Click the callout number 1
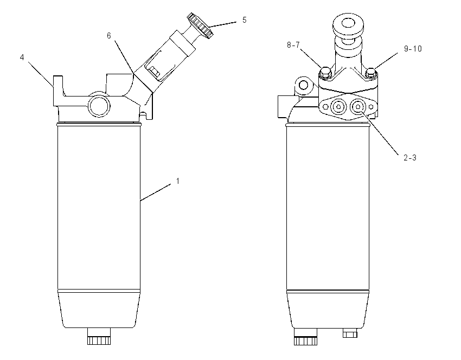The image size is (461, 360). pyautogui.click(x=177, y=181)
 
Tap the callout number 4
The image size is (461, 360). pyautogui.click(x=22, y=57)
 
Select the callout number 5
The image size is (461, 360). pyautogui.click(x=244, y=20)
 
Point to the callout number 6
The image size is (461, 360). pyautogui.click(x=109, y=36)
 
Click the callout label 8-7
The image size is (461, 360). pyautogui.click(x=293, y=44)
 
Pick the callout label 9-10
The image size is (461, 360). pyautogui.click(x=413, y=48)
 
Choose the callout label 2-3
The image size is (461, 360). pyautogui.click(x=410, y=158)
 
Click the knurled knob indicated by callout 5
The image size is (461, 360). pyautogui.click(x=200, y=25)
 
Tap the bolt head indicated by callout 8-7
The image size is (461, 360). pyautogui.click(x=325, y=73)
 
